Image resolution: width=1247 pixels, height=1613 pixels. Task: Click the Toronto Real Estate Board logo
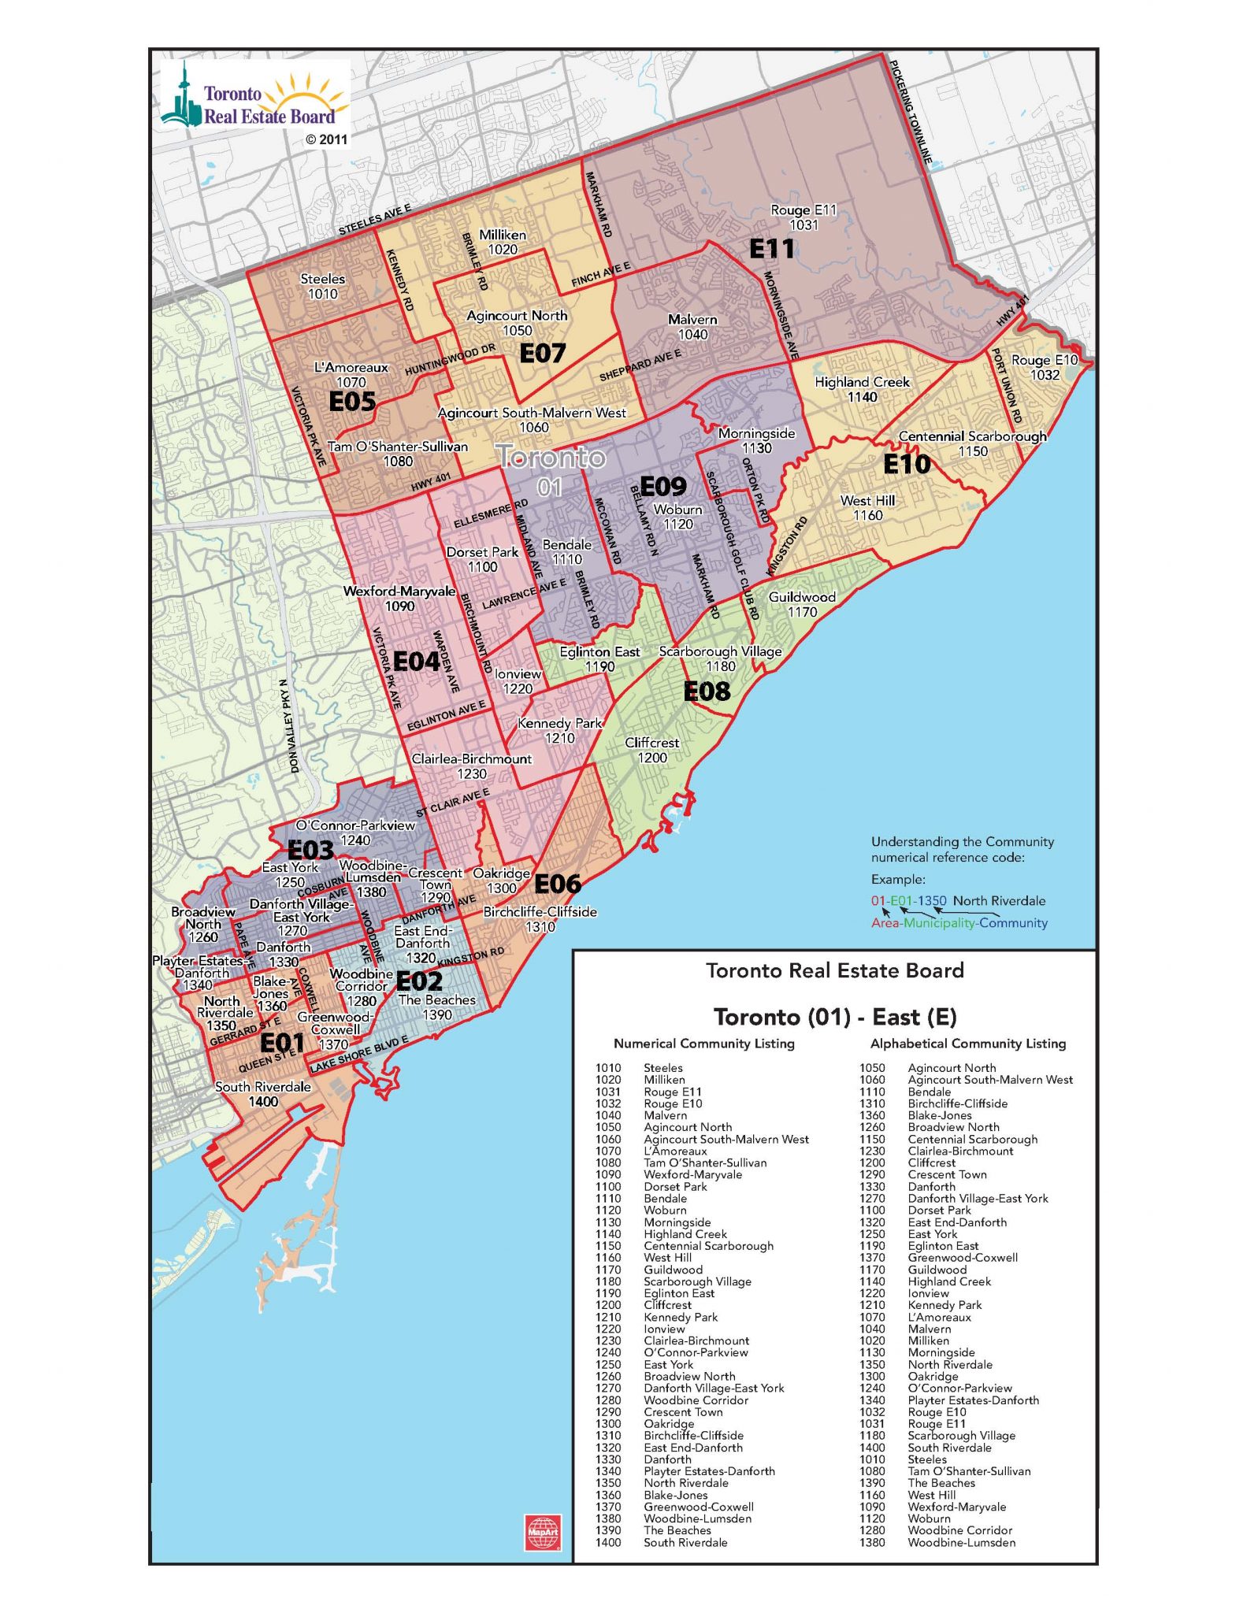point(254,101)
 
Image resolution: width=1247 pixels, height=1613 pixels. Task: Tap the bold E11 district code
point(771,249)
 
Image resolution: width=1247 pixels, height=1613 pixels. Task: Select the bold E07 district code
point(542,354)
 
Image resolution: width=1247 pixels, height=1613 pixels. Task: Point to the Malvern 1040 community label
point(692,327)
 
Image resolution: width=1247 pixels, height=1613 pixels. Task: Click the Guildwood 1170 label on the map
point(802,604)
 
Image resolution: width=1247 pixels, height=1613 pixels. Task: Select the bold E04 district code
point(416,662)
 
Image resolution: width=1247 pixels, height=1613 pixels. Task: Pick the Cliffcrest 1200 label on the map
point(651,750)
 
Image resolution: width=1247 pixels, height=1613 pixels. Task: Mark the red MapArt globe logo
point(543,1532)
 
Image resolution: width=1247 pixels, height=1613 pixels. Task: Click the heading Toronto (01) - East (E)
point(834,1017)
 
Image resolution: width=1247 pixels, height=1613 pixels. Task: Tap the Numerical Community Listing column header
point(703,1044)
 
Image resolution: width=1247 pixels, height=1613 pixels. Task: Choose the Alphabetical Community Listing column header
point(967,1044)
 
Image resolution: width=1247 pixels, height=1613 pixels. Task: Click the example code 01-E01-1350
point(908,900)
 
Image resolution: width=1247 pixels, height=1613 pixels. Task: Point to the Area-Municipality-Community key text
point(959,923)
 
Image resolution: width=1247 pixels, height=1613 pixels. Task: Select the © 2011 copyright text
point(326,139)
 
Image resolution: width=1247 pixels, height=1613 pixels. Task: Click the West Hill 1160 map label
point(867,508)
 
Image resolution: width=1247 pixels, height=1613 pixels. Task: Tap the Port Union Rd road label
point(1006,386)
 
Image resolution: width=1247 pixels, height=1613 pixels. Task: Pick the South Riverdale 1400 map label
point(263,1094)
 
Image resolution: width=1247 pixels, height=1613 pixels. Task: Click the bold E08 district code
point(707,692)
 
